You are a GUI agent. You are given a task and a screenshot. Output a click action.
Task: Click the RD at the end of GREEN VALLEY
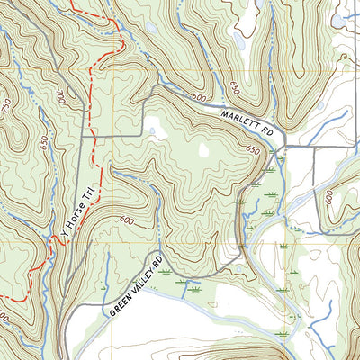tap(163, 262)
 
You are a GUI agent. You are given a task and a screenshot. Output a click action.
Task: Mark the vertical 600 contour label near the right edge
tap(329, 197)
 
